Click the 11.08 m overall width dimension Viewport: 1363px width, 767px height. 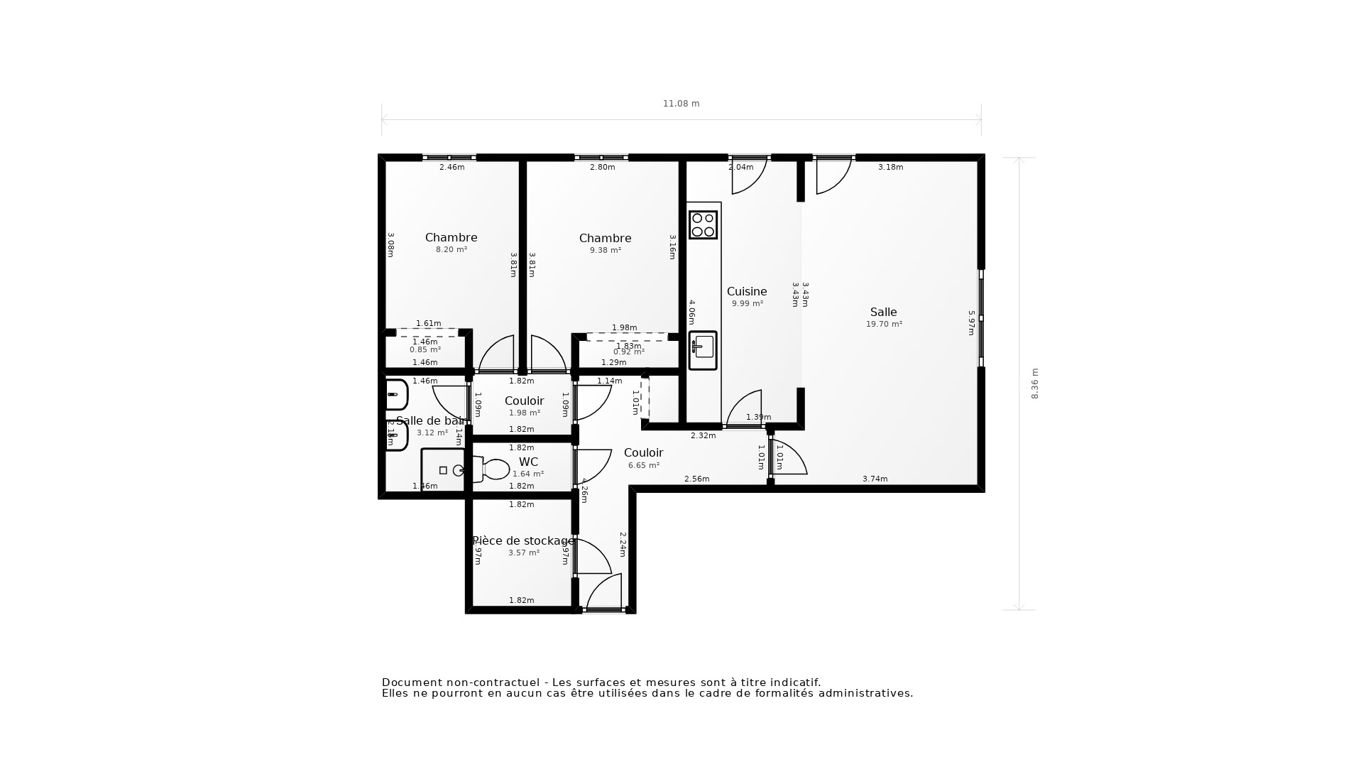tap(681, 104)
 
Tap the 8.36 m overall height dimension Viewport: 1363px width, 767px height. tap(1034, 383)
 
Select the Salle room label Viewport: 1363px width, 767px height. tap(883, 312)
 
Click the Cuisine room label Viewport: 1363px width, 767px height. tap(747, 291)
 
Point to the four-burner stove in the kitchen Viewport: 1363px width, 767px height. tap(703, 225)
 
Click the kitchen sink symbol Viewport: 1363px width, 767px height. tap(703, 350)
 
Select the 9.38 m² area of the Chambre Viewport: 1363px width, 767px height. tap(605, 250)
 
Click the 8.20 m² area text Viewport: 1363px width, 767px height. tap(451, 249)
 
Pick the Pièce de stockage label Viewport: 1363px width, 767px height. tap(523, 540)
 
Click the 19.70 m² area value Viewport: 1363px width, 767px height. tap(883, 324)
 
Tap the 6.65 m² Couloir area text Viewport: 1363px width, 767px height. tap(643, 465)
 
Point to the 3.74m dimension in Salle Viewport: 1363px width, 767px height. tap(875, 479)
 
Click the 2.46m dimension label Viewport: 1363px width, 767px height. tap(451, 168)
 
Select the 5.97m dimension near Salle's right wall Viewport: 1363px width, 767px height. tap(971, 322)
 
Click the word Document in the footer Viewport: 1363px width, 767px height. tap(407, 682)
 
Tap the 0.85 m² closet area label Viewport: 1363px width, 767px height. tap(425, 349)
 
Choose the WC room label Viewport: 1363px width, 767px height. tap(528, 462)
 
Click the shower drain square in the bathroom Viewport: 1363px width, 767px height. tap(443, 470)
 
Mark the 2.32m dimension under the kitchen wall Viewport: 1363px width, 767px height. tap(703, 435)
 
